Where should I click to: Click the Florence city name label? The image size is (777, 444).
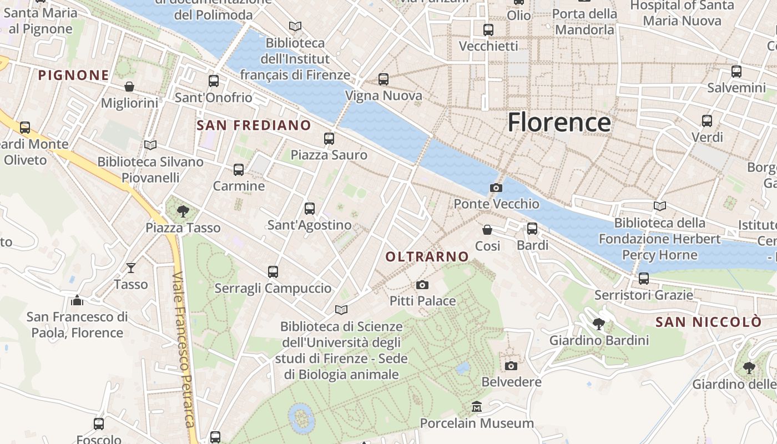tap(559, 122)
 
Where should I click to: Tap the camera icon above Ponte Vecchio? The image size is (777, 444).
tap(496, 188)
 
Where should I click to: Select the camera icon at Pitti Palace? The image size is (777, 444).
tap(422, 285)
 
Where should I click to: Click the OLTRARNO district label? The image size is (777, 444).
tap(427, 256)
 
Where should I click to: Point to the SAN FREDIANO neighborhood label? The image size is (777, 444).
tap(254, 125)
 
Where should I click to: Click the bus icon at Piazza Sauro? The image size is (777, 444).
tap(329, 139)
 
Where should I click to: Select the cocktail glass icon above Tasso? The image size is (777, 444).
tap(131, 268)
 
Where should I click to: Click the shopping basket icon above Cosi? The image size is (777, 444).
tap(487, 230)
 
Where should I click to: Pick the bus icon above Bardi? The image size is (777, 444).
tap(532, 229)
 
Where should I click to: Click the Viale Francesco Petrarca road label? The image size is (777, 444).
tap(185, 350)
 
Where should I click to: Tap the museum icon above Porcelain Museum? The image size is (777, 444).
tap(476, 407)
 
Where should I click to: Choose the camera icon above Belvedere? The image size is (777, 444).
tap(511, 366)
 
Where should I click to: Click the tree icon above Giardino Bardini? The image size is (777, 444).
tap(598, 324)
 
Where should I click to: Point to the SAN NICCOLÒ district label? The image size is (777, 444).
tap(708, 322)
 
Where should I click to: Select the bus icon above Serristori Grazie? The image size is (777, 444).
tap(644, 279)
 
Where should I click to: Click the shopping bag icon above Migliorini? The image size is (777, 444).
tap(129, 87)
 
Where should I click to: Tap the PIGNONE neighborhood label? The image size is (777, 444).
tap(73, 75)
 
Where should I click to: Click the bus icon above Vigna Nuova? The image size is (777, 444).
tap(384, 79)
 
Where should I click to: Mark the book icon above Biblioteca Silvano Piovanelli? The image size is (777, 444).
tap(150, 145)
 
